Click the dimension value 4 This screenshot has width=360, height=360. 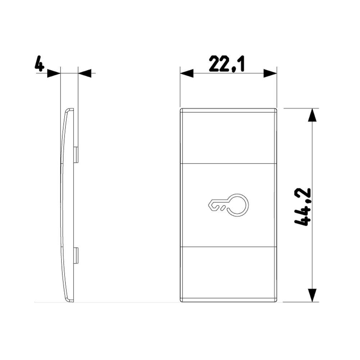(x=39, y=64)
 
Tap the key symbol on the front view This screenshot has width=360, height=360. (x=228, y=205)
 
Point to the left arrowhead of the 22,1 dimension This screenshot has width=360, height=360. (x=186, y=73)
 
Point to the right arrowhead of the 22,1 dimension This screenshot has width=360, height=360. (x=270, y=73)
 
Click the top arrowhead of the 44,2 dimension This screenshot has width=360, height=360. (x=312, y=115)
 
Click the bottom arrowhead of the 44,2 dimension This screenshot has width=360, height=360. (x=312, y=295)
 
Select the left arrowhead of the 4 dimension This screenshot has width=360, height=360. (x=54, y=73)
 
